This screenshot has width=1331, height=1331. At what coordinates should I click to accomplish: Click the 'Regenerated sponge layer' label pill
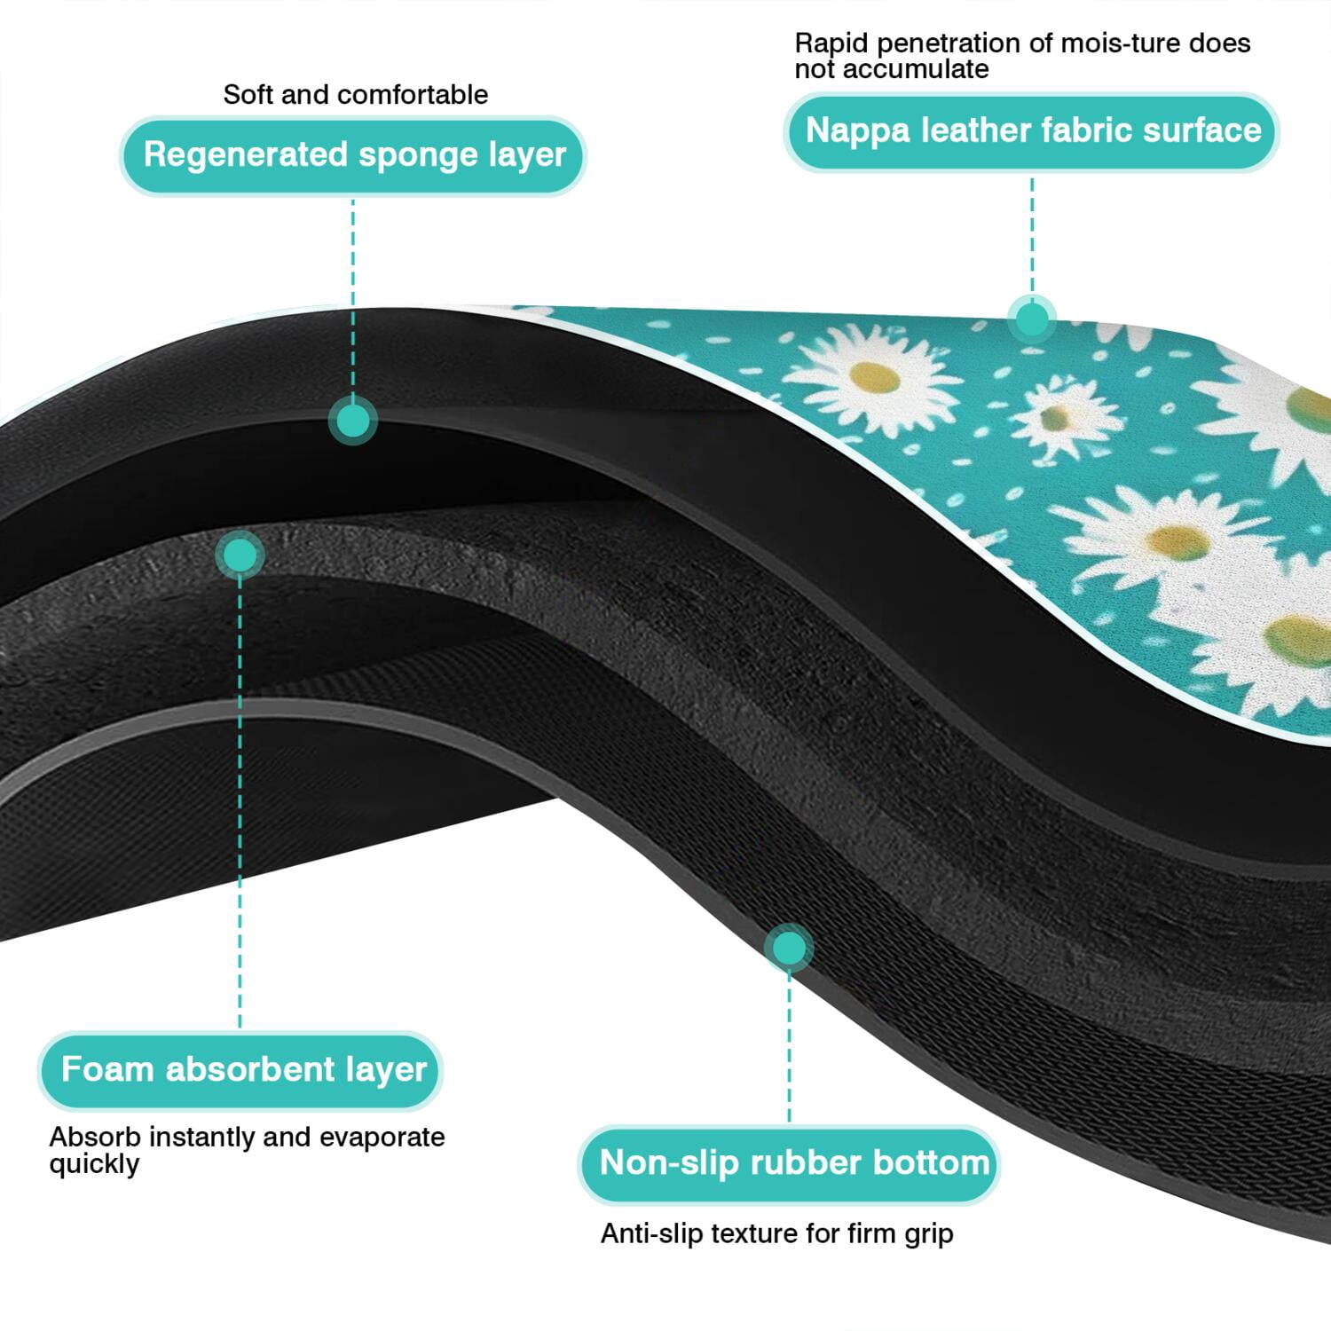pyautogui.click(x=353, y=155)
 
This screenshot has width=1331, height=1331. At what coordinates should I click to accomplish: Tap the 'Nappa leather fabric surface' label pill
pyautogui.click(x=1032, y=131)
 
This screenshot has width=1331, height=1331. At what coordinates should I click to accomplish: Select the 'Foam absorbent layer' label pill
pyautogui.click(x=240, y=1070)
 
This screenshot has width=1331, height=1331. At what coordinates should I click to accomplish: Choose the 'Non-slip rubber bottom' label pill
pyautogui.click(x=790, y=1163)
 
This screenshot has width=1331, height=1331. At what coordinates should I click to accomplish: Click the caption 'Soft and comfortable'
pyautogui.click(x=355, y=94)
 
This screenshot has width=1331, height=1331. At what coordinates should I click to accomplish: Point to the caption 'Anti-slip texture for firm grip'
pyautogui.click(x=776, y=1233)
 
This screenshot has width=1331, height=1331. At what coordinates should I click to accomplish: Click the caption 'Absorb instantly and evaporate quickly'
pyautogui.click(x=247, y=1150)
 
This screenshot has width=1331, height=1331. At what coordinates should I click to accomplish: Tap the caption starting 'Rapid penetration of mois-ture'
pyautogui.click(x=1022, y=55)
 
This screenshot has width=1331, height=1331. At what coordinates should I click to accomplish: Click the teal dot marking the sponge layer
pyautogui.click(x=353, y=420)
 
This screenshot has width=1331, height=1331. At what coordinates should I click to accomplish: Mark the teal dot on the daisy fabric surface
pyautogui.click(x=1031, y=319)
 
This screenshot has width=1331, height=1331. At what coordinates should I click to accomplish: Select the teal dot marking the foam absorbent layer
pyautogui.click(x=240, y=555)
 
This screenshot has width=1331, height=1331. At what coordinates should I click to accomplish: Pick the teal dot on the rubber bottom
pyautogui.click(x=789, y=948)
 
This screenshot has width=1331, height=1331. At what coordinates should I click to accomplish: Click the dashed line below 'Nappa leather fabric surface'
pyautogui.click(x=1031, y=233)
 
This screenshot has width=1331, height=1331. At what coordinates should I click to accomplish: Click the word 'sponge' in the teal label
pyautogui.click(x=405, y=156)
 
